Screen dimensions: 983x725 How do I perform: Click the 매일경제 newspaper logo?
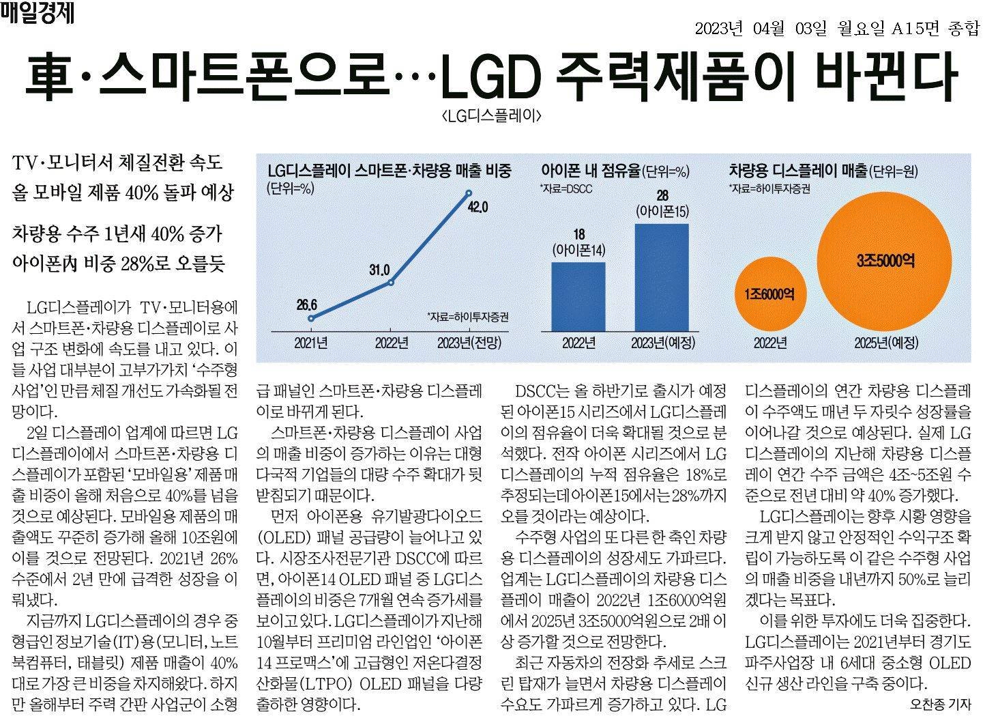click(37, 12)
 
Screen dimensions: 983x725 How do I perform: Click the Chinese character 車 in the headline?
click(49, 74)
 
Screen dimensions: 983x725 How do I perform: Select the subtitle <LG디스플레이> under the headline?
click(491, 116)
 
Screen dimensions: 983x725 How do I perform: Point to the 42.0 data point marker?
click(468, 193)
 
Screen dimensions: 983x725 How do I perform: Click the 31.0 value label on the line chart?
click(379, 270)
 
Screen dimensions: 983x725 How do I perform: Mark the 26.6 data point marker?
click(311, 318)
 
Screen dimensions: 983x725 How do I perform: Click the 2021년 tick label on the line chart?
click(310, 343)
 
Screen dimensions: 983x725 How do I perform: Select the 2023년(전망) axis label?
click(469, 343)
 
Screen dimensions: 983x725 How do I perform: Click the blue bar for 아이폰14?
click(578, 296)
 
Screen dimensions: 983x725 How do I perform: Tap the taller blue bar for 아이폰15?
click(662, 278)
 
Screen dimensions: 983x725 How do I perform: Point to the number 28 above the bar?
click(662, 195)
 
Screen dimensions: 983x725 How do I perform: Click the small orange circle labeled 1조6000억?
click(770, 294)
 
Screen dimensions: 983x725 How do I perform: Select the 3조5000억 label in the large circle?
click(885, 261)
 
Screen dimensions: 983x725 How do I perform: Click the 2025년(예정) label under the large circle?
click(886, 343)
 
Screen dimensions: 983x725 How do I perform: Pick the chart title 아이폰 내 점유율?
click(590, 171)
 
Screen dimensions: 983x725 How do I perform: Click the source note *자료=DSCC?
click(566, 189)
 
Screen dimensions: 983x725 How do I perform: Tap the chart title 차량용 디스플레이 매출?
click(798, 170)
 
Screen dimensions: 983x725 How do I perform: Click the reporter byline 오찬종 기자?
click(941, 705)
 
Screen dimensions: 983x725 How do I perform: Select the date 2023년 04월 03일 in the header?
click(761, 29)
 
